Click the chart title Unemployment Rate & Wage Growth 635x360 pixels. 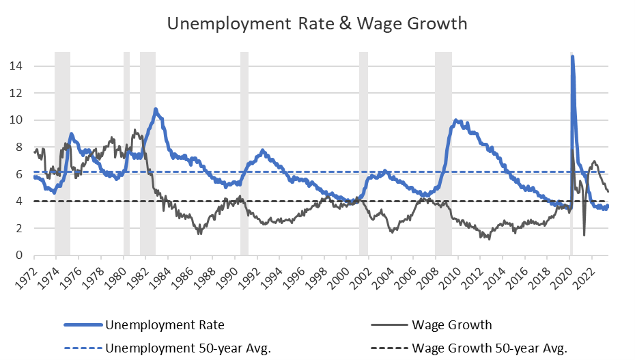tap(317, 23)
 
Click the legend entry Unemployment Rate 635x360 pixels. tap(165, 324)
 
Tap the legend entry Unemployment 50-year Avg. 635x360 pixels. tap(188, 348)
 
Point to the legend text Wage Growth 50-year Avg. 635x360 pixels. tap(490, 348)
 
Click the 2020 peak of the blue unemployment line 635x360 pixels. tap(572, 57)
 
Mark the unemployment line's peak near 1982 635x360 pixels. tap(156, 109)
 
